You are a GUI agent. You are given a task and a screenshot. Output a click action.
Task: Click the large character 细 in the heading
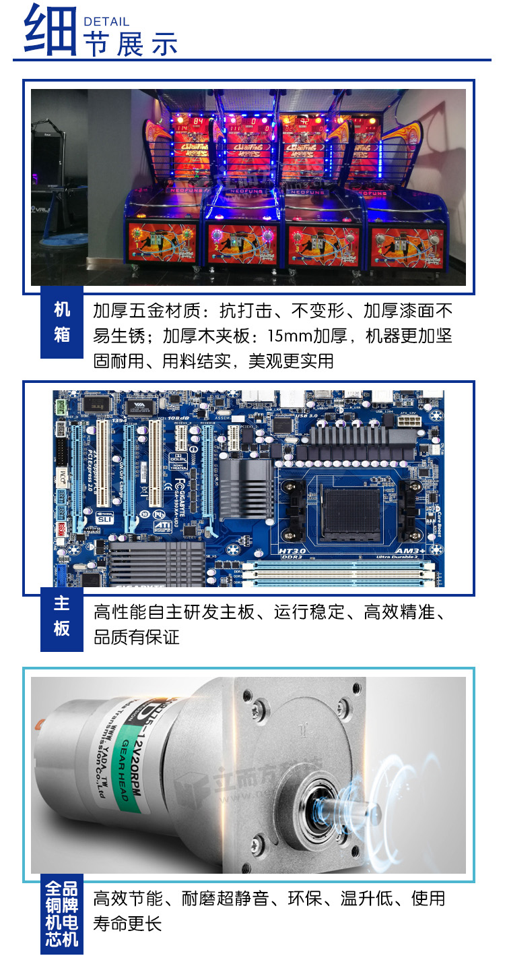49,30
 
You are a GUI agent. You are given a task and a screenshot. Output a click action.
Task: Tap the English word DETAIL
106,22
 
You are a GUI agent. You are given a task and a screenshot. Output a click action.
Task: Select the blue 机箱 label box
62,322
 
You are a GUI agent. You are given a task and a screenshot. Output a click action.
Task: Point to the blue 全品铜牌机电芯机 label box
61,914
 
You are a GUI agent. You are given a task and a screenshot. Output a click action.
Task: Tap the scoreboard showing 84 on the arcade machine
198,120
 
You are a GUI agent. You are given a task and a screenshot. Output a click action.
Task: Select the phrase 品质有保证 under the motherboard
137,638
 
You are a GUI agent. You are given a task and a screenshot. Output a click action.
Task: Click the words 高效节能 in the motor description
128,898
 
